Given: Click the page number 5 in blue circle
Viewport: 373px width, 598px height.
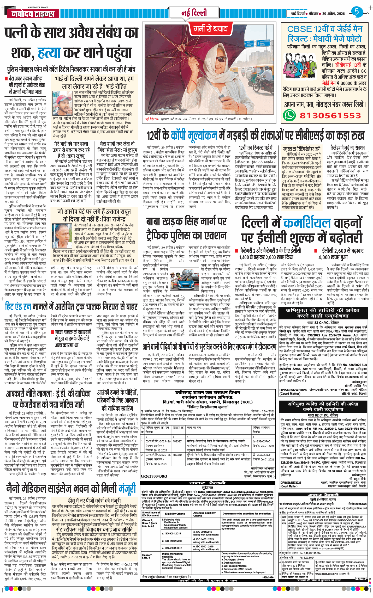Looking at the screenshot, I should point(357,12).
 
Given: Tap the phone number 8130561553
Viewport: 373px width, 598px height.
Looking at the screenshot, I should point(330,115).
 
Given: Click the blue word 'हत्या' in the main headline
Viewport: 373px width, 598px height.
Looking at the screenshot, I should point(49,53).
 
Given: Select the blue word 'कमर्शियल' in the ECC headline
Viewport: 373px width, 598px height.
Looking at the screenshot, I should point(307,223).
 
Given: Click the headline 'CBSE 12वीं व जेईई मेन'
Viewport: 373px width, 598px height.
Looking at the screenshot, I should point(324,29).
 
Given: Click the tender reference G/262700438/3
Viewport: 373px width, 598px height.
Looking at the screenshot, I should point(154,476).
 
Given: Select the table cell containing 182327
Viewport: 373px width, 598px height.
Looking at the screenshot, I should point(177,441).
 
